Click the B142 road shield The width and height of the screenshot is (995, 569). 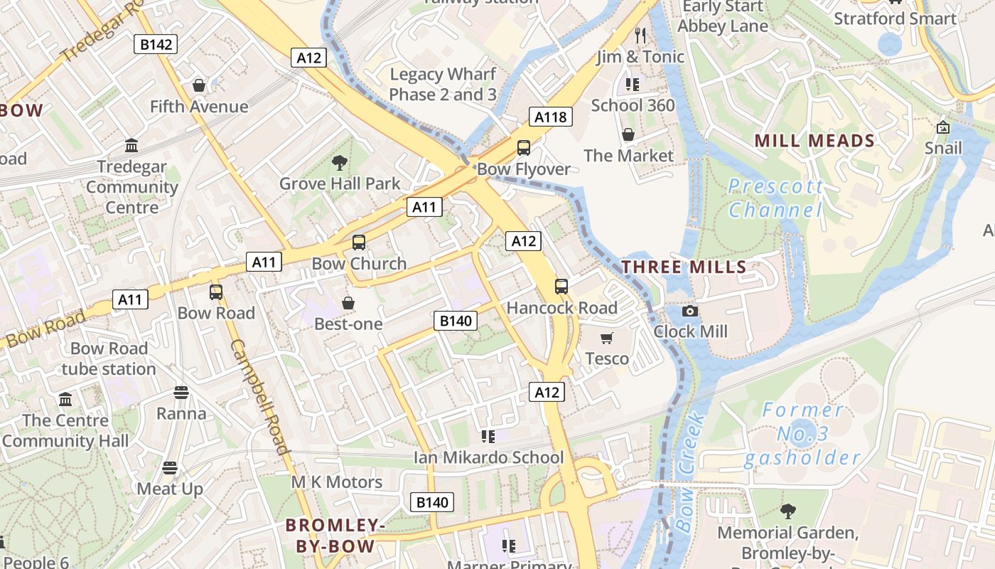click(156, 44)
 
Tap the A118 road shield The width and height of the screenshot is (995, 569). click(551, 117)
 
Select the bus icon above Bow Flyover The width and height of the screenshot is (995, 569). click(524, 148)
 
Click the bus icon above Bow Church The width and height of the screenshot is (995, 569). click(359, 243)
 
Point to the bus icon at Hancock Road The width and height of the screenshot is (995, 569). click(561, 287)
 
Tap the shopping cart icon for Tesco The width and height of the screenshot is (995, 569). click(607, 338)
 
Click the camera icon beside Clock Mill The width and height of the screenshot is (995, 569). click(689, 311)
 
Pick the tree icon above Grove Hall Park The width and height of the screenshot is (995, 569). click(340, 163)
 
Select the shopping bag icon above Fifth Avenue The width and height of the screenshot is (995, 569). click(199, 85)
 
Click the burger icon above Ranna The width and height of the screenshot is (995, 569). click(181, 393)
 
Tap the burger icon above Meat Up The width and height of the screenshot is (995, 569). click(169, 467)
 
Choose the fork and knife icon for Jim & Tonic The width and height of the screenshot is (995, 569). click(640, 35)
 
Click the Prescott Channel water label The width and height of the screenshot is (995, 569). click(775, 198)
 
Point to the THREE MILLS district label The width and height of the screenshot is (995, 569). click(684, 267)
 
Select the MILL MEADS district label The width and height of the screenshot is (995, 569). click(814, 141)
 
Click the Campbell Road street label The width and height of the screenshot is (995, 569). click(260, 395)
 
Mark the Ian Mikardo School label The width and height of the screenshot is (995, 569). click(488, 457)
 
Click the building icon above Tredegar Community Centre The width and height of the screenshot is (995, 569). click(131, 146)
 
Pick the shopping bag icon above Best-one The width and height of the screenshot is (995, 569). click(348, 303)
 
